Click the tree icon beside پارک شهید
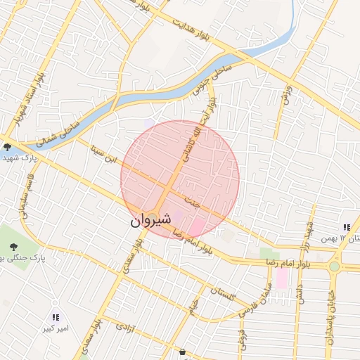pyautogui.click(x=7, y=147)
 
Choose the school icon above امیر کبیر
pyautogui.click(x=56, y=316)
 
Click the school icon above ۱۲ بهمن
pyautogui.click(x=346, y=227)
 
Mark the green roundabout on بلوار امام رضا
pyautogui.click(x=334, y=266)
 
